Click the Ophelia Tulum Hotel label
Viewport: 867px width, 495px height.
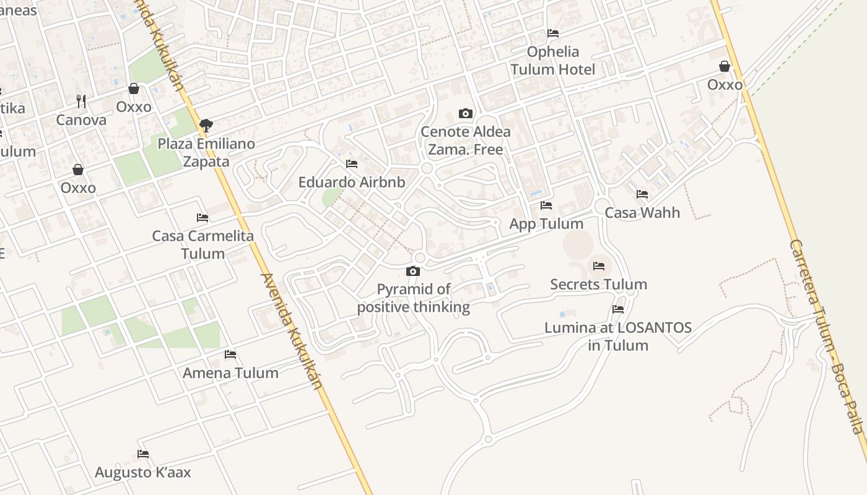pyautogui.click(x=553, y=61)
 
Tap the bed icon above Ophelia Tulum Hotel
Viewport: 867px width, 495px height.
pyautogui.click(x=553, y=33)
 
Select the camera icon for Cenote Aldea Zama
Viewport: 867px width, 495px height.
pyautogui.click(x=465, y=113)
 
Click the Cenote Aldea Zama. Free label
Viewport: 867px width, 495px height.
pyautogui.click(x=466, y=140)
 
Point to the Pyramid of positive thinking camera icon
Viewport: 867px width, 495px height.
pyautogui.click(x=413, y=271)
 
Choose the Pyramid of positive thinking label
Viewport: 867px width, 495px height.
pyautogui.click(x=414, y=298)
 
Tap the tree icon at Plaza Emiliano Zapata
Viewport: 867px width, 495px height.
pyautogui.click(x=206, y=126)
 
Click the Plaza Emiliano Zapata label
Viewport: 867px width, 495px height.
pyautogui.click(x=206, y=153)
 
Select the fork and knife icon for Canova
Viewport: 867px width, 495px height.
pyautogui.click(x=81, y=101)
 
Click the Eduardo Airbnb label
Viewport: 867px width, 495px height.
pyautogui.click(x=352, y=183)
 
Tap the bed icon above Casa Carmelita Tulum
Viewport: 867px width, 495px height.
pyautogui.click(x=203, y=218)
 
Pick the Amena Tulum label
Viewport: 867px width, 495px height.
pyautogui.click(x=230, y=373)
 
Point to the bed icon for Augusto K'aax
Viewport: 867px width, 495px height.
pyautogui.click(x=143, y=454)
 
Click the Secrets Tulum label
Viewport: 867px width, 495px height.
pyautogui.click(x=599, y=285)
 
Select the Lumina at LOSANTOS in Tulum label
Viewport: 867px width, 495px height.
pyautogui.click(x=618, y=337)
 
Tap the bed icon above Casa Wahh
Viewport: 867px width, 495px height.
pyautogui.click(x=642, y=194)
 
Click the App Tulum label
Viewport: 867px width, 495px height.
pyautogui.click(x=546, y=223)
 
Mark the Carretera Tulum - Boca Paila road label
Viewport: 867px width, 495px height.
pyautogui.click(x=826, y=337)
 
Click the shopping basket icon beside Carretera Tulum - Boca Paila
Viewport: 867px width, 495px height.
pyautogui.click(x=725, y=66)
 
